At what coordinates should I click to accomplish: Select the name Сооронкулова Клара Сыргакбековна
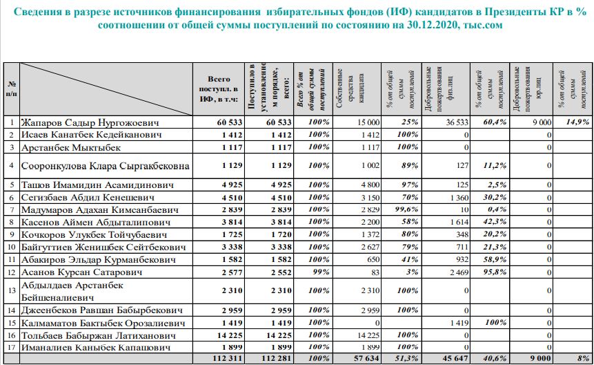pyautogui.click(x=105, y=166)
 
